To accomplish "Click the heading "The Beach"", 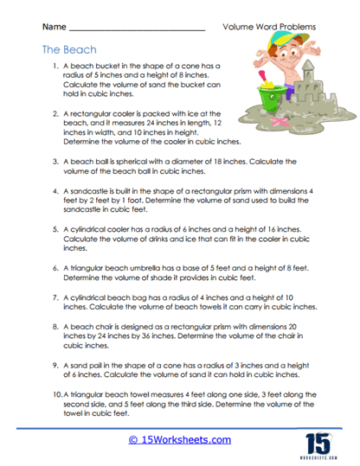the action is [x=68, y=50].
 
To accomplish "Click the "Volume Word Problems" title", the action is [x=269, y=27].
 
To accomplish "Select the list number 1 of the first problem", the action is [x=55, y=66].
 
